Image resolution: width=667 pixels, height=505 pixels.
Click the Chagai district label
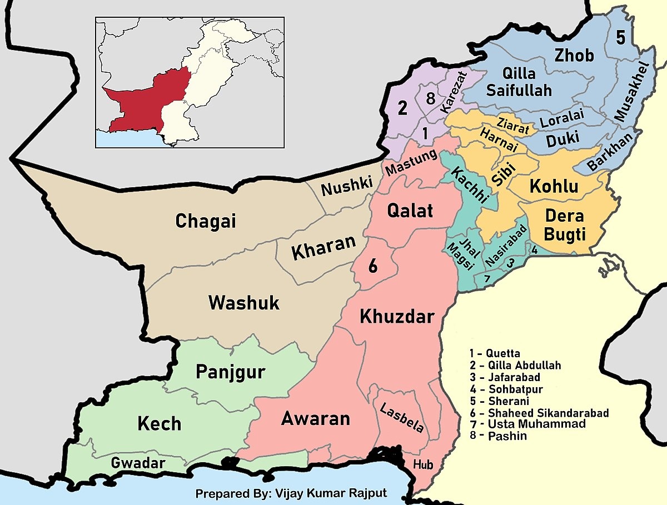(206, 221)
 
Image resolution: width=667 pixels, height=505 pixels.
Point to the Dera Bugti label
(565, 225)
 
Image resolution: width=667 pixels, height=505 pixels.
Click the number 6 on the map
(373, 266)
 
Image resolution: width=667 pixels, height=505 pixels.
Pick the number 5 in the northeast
(620, 38)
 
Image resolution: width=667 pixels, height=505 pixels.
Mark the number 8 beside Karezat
(430, 99)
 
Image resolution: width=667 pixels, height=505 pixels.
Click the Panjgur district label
(230, 372)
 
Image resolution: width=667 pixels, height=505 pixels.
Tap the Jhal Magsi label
(461, 255)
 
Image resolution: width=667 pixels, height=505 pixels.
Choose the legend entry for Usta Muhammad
(530, 424)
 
